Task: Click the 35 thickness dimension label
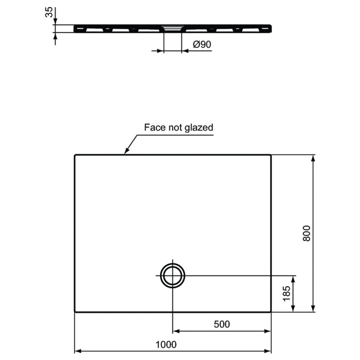tap(49, 12)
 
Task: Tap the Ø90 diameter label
tap(202, 44)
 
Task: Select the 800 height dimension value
tap(307, 233)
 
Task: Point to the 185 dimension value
tap(287, 294)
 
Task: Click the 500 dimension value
tap(222, 324)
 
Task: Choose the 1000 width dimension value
tap(166, 344)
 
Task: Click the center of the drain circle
tap(173, 275)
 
